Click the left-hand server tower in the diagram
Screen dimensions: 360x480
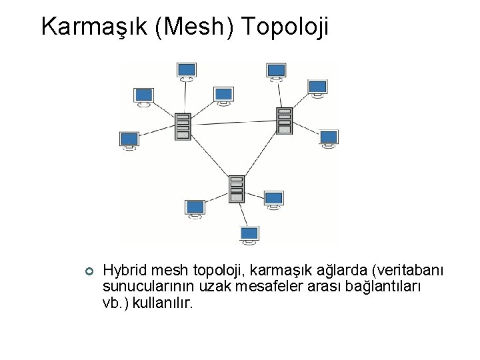pyautogui.click(x=183, y=126)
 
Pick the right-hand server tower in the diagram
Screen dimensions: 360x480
pyautogui.click(x=285, y=121)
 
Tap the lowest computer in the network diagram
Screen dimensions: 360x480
pyautogui.click(x=249, y=234)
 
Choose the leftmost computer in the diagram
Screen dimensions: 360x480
pyautogui.click(x=129, y=139)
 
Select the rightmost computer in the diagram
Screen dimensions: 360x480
pyautogui.click(x=329, y=137)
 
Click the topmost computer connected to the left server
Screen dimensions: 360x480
pyautogui.click(x=187, y=70)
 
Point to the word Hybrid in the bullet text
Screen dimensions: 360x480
pyautogui.click(x=125, y=271)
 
